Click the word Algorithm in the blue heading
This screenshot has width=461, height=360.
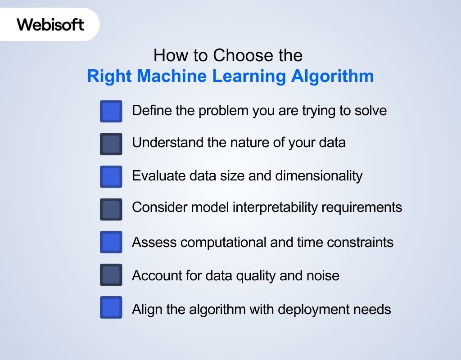tap(332, 76)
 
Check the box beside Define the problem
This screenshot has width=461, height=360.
tap(111, 111)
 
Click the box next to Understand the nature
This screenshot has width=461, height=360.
tap(111, 144)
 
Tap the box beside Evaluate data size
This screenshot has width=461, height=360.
tap(111, 176)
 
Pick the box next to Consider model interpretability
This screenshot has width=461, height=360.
tap(111, 209)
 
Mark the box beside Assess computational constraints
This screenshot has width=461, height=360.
tap(111, 242)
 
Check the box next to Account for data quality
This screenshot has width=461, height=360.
tap(111, 275)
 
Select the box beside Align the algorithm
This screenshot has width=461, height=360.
tap(111, 308)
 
